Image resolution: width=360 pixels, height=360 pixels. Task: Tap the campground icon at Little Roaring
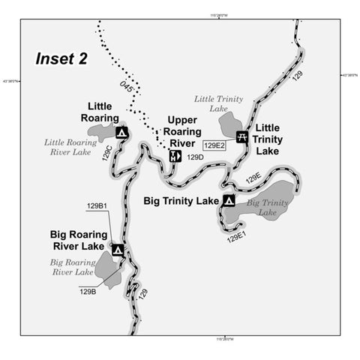click(121, 133)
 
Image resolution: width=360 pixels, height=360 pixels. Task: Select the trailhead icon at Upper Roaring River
click(174, 156)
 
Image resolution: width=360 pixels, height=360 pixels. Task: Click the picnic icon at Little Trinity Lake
click(242, 136)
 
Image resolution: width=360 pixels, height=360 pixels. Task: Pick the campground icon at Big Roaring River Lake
click(118, 250)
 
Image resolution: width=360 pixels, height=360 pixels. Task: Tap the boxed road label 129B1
click(98, 205)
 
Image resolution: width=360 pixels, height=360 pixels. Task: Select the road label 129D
click(195, 157)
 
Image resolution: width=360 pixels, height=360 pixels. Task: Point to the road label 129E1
click(237, 238)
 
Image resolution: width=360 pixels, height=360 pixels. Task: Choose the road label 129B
click(88, 292)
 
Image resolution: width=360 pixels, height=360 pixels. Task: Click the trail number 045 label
click(127, 87)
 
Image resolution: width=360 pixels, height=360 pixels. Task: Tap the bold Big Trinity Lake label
click(181, 201)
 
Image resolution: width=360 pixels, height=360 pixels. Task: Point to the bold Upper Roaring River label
click(182, 131)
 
